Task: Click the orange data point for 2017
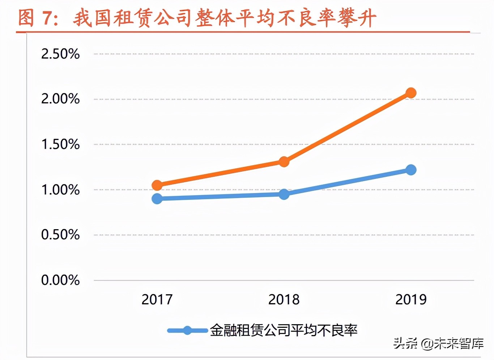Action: [157, 185]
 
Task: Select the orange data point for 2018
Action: [284, 162]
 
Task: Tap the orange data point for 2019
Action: [411, 93]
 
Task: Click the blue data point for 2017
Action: [157, 198]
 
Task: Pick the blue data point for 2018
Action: [284, 194]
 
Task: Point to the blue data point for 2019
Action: [411, 170]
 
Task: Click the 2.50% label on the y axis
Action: [60, 54]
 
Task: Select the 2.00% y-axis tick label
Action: [60, 99]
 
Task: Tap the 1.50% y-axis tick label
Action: [60, 144]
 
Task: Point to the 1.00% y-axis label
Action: [60, 189]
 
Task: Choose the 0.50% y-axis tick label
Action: [60, 235]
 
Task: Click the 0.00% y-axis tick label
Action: [60, 280]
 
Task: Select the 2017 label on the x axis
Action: [157, 299]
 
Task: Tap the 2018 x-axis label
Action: [284, 299]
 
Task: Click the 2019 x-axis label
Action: [411, 299]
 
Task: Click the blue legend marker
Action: [187, 330]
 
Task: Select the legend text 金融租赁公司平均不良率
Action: [284, 330]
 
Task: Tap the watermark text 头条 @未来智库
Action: [438, 343]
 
